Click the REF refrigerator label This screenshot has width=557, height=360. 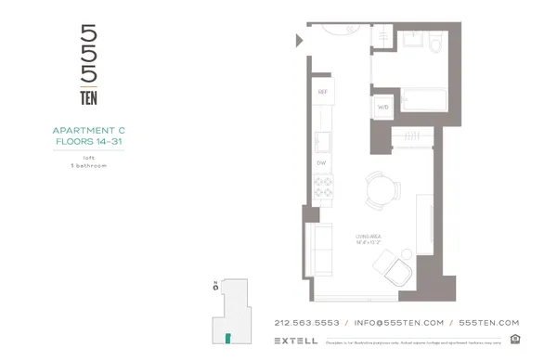pyautogui.click(x=323, y=92)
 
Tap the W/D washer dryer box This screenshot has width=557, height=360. pyautogui.click(x=382, y=108)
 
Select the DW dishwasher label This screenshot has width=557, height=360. pyautogui.click(x=322, y=162)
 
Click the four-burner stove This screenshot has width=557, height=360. pyautogui.click(x=323, y=191)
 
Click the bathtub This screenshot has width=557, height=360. pyautogui.click(x=425, y=101)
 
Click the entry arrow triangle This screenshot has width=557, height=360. pyautogui.click(x=299, y=40)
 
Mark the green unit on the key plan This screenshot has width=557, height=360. pyautogui.click(x=226, y=336)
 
